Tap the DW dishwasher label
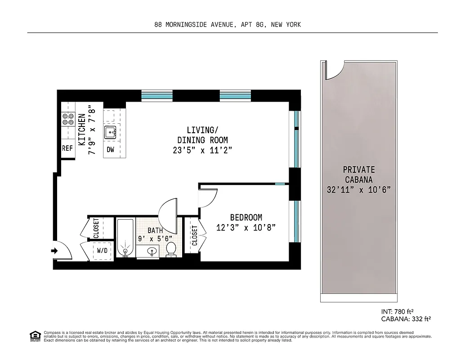tap(110, 150)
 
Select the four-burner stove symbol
tap(68, 119)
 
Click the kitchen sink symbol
tap(110, 133)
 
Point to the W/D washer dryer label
tap(102, 250)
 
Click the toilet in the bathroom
tap(171, 249)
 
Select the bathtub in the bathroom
tap(125, 238)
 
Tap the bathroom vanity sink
tap(152, 251)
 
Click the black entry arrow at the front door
tap(55, 251)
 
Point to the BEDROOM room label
tap(246, 217)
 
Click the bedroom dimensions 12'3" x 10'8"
tap(246, 228)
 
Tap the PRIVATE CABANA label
tap(358, 175)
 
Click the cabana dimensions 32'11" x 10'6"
tap(358, 189)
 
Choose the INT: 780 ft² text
tap(397, 311)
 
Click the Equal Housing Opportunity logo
tap(35, 336)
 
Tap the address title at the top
tap(227, 25)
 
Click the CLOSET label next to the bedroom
tap(194, 235)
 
